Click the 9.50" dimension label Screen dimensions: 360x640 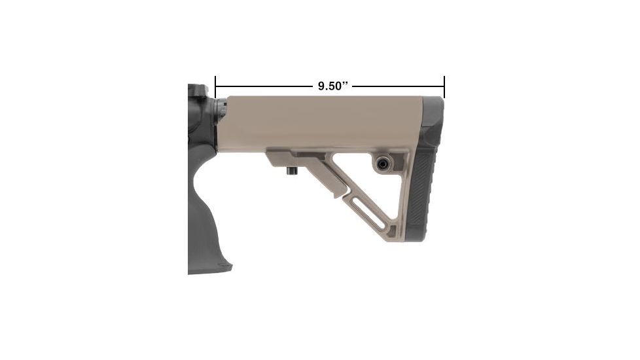coord(331,86)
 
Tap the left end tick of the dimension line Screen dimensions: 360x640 coord(215,86)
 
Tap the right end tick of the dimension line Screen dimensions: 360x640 coord(444,86)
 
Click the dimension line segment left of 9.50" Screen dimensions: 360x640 coord(262,86)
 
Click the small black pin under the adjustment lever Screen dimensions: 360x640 coord(290,171)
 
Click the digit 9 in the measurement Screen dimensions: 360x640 coord(321,86)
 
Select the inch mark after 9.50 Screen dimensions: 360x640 coord(347,84)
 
